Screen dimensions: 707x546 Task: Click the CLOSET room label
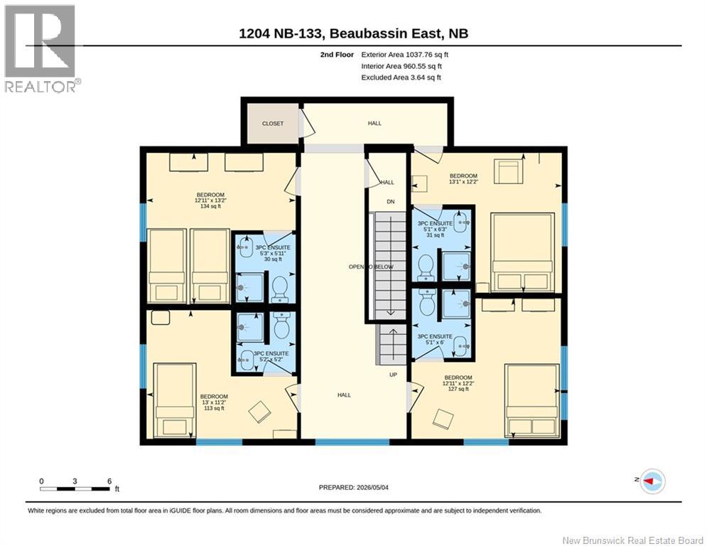[x=273, y=123]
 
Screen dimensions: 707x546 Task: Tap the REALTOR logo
[x=41, y=48]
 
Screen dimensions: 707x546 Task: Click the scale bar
[x=75, y=488]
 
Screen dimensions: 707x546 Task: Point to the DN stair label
[x=391, y=202]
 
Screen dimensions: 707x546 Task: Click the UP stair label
[x=393, y=375]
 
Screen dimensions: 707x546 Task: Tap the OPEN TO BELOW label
[x=371, y=267]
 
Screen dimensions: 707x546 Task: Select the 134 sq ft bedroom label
[x=210, y=200]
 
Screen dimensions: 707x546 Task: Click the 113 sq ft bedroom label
[x=214, y=402]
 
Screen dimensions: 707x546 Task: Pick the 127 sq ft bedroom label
[x=458, y=383]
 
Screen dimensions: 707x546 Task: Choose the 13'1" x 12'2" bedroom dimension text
[x=463, y=182]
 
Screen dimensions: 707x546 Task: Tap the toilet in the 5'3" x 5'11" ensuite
[x=280, y=289]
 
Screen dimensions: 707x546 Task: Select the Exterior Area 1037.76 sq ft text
[x=404, y=55]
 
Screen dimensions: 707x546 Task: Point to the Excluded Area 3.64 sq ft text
[x=401, y=77]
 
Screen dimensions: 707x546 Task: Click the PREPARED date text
[x=354, y=487]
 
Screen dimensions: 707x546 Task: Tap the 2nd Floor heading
[x=337, y=55]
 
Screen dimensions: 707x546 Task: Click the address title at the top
[x=354, y=33]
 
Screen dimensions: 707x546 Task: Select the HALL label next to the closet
[x=374, y=123]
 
